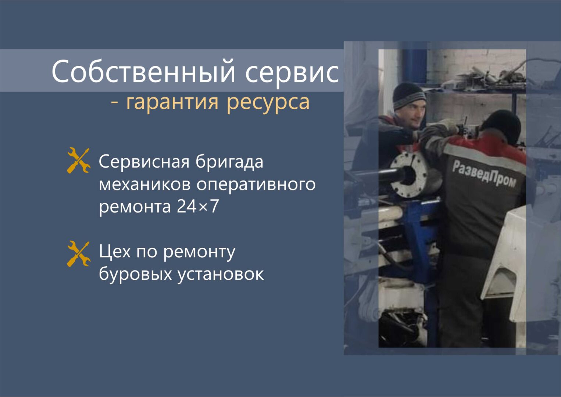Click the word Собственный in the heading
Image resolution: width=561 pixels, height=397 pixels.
pos(143,71)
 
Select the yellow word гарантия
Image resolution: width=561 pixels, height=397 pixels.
pos(172,103)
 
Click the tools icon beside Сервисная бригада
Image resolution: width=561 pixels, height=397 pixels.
pos(79,160)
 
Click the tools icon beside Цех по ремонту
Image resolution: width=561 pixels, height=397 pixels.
pos(79,254)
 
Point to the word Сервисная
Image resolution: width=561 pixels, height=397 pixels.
pos(144,162)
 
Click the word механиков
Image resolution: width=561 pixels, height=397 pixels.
pos(144,185)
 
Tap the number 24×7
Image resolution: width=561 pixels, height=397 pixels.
pos(198,207)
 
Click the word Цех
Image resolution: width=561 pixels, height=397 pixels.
pos(115,251)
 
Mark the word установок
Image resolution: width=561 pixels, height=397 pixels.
pos(221,275)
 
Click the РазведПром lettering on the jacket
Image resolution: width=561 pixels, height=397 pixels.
pos(484,174)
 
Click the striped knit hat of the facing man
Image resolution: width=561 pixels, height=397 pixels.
pos(409,96)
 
